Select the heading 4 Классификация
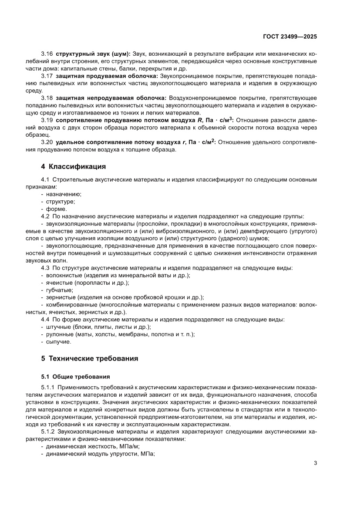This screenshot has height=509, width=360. point(73,166)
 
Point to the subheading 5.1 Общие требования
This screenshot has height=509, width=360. point(75,376)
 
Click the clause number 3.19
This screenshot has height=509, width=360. point(47,120)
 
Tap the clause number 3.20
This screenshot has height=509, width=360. point(47,142)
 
